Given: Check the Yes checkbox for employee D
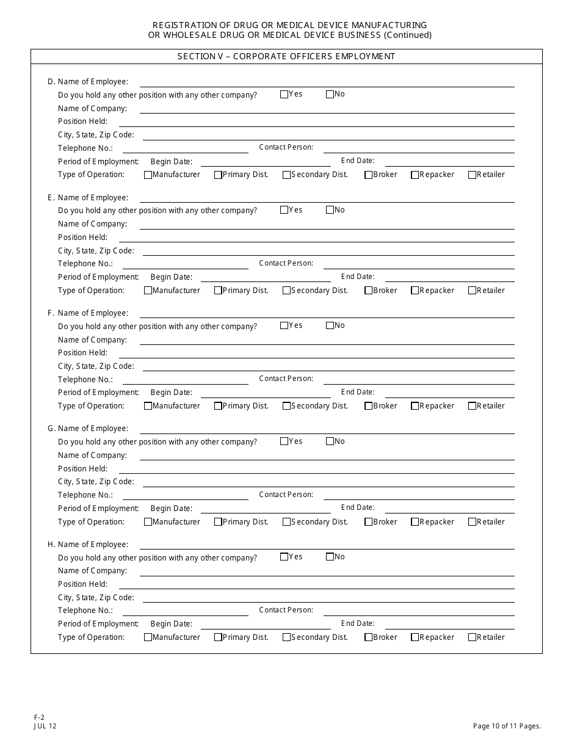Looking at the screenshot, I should (284, 94).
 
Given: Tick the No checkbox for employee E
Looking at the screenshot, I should (330, 210).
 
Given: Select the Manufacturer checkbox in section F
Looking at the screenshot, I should (148, 406).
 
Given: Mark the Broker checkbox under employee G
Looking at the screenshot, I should (368, 522).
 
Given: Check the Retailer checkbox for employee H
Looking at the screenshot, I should (472, 637).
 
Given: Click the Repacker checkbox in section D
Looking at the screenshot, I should (415, 175).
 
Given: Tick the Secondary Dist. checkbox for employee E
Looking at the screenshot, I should (286, 291).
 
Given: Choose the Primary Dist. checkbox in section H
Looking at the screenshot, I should (218, 637).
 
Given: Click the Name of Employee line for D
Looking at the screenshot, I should (327, 82).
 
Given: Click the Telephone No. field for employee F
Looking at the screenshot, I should (186, 379).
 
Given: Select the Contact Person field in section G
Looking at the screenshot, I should (419, 495).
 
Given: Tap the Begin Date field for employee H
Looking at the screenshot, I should (266, 624).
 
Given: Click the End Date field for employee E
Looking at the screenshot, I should (449, 277).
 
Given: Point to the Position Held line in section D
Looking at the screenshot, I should (316, 122).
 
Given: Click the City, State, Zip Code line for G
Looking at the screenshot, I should (328, 482).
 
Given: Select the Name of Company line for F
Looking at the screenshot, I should (327, 340).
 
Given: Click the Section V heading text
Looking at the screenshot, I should (286, 57).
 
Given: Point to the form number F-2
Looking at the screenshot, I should (39, 718).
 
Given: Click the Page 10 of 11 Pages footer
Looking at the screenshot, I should (507, 726).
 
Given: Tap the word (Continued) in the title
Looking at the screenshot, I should (408, 35).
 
